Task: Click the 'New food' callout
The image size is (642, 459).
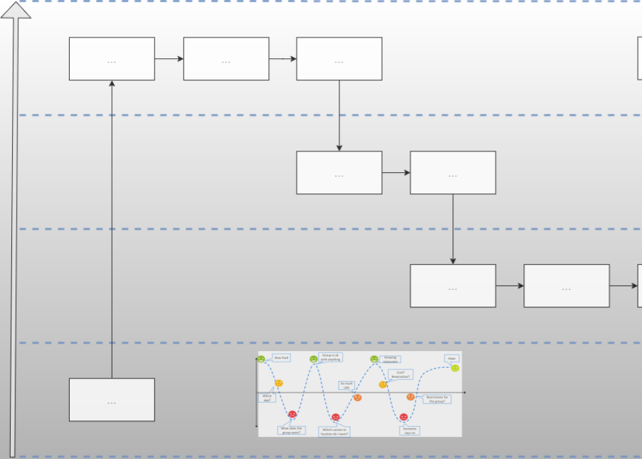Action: pyautogui.click(x=281, y=358)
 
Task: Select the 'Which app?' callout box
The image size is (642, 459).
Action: pyautogui.click(x=267, y=397)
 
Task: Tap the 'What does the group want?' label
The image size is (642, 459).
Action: pyautogui.click(x=292, y=430)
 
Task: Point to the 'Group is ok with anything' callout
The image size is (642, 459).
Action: pyautogui.click(x=330, y=357)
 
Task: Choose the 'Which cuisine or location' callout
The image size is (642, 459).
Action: pyautogui.click(x=334, y=432)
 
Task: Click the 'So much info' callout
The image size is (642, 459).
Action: pyautogui.click(x=346, y=386)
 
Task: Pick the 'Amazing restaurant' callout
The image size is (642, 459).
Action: pyautogui.click(x=391, y=360)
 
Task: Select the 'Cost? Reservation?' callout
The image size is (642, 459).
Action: pyautogui.click(x=400, y=375)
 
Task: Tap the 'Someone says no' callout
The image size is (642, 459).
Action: pyautogui.click(x=410, y=430)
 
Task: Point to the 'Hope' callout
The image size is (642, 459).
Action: pyautogui.click(x=452, y=358)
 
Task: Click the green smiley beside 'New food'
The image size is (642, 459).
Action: pyautogui.click(x=261, y=359)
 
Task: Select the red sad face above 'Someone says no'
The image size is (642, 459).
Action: pyautogui.click(x=404, y=417)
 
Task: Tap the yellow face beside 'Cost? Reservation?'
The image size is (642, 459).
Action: pyautogui.click(x=383, y=385)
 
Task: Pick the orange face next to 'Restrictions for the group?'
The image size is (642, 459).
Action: pyautogui.click(x=410, y=397)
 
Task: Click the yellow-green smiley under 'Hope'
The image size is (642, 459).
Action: pyautogui.click(x=455, y=368)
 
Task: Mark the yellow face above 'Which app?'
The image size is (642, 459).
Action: pyautogui.click(x=279, y=383)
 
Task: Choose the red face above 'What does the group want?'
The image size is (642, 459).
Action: pyautogui.click(x=293, y=415)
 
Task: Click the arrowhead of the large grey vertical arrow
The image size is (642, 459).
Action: pyautogui.click(x=15, y=9)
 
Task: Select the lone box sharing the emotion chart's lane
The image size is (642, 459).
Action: pyautogui.click(x=112, y=400)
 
